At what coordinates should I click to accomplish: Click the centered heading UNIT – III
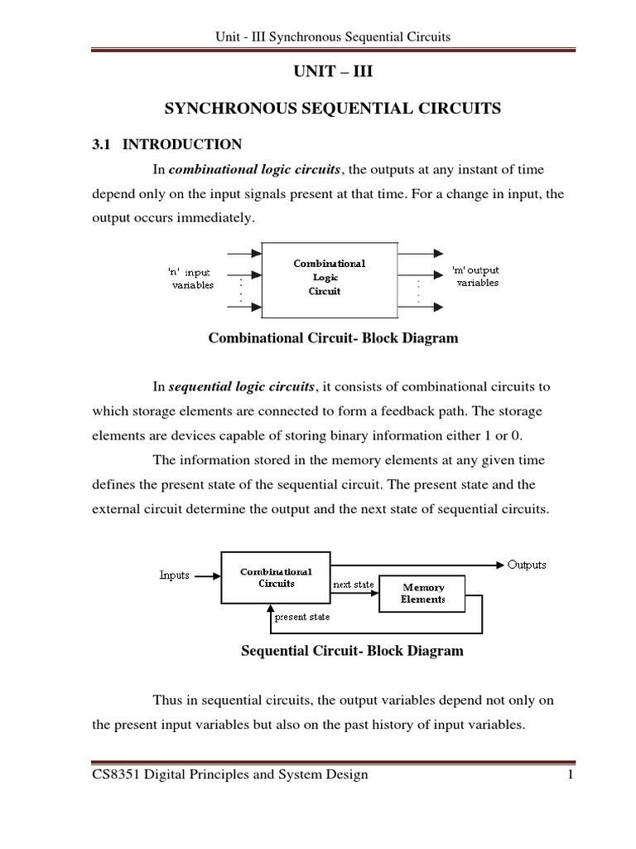334,72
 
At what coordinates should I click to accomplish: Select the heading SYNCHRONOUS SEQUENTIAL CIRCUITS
334,109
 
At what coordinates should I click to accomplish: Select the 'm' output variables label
475,276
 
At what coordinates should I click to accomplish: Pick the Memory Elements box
423,593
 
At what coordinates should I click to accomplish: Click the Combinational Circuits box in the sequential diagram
276,577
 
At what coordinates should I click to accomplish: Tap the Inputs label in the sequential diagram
174,575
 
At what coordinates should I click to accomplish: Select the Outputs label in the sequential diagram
527,565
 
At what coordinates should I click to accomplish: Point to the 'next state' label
354,585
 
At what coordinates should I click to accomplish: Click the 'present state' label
302,617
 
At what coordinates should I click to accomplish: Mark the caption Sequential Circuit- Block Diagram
352,651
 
